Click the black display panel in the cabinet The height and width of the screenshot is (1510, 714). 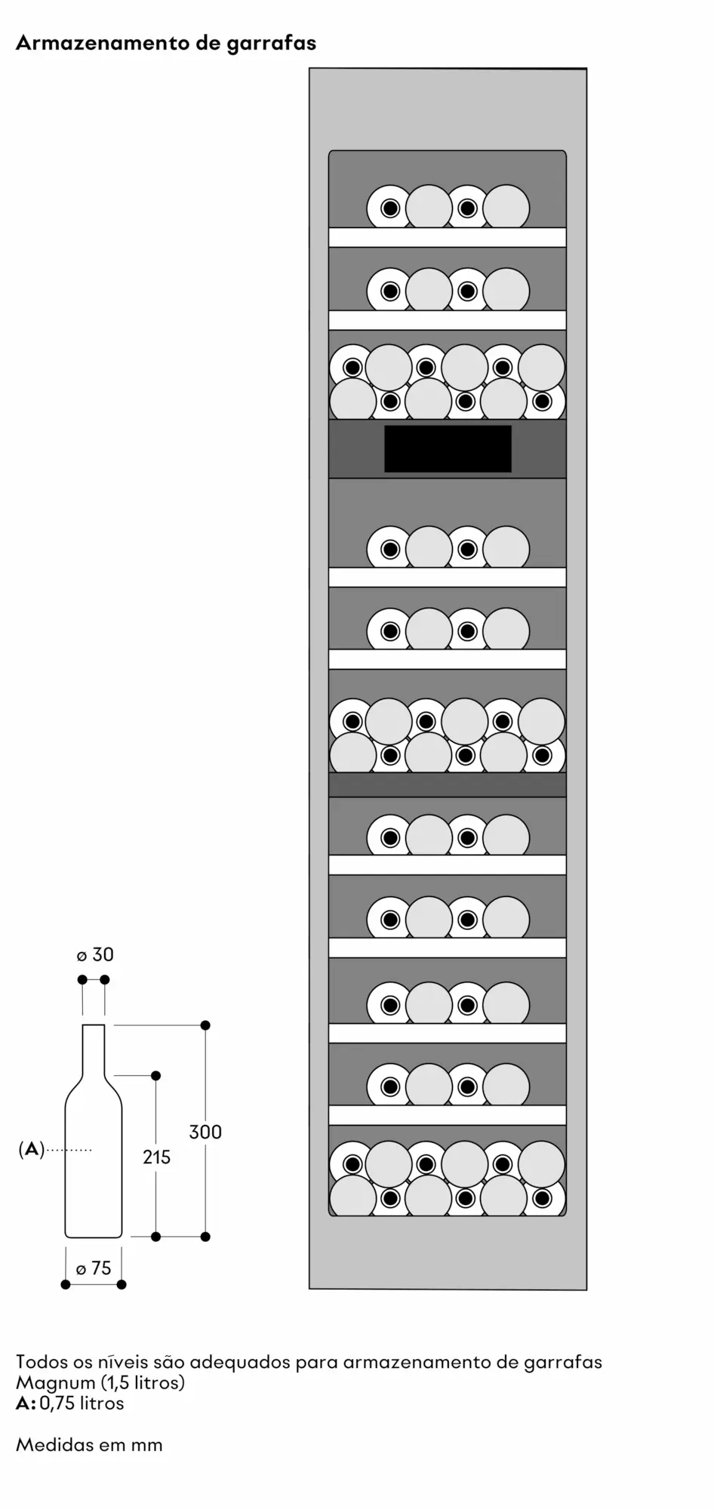point(448,448)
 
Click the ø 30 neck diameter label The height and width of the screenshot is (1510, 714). point(95,954)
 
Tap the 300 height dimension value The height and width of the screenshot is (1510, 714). point(205,1132)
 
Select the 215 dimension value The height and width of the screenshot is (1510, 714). point(156,1157)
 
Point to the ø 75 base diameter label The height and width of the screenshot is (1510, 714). point(94,1268)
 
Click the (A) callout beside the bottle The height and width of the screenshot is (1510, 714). point(31,1150)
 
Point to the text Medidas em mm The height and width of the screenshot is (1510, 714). point(89,1445)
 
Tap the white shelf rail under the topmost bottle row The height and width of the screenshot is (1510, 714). point(447,237)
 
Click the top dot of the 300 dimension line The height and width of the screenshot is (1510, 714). point(205,1025)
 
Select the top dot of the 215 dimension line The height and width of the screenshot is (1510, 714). point(156,1075)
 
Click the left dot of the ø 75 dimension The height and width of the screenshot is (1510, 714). point(66,1284)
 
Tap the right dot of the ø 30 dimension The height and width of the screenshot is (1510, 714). point(105,980)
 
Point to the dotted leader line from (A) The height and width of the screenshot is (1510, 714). point(69,1150)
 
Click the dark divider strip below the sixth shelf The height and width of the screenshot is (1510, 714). point(447,785)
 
